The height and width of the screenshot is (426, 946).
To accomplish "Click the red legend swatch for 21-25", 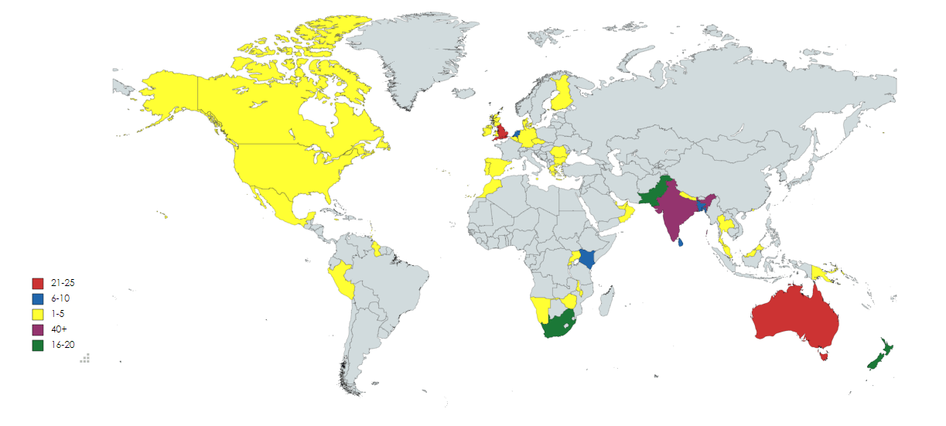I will (37, 284).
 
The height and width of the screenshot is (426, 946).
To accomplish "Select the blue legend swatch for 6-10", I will (37, 299).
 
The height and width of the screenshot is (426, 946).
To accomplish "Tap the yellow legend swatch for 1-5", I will (37, 315).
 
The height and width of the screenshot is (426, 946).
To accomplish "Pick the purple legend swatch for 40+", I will (37, 330).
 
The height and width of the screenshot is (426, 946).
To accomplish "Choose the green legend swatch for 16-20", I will (37, 346).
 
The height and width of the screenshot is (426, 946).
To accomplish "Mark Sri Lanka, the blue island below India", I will (681, 244).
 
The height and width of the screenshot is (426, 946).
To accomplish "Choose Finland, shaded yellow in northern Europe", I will (562, 93).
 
